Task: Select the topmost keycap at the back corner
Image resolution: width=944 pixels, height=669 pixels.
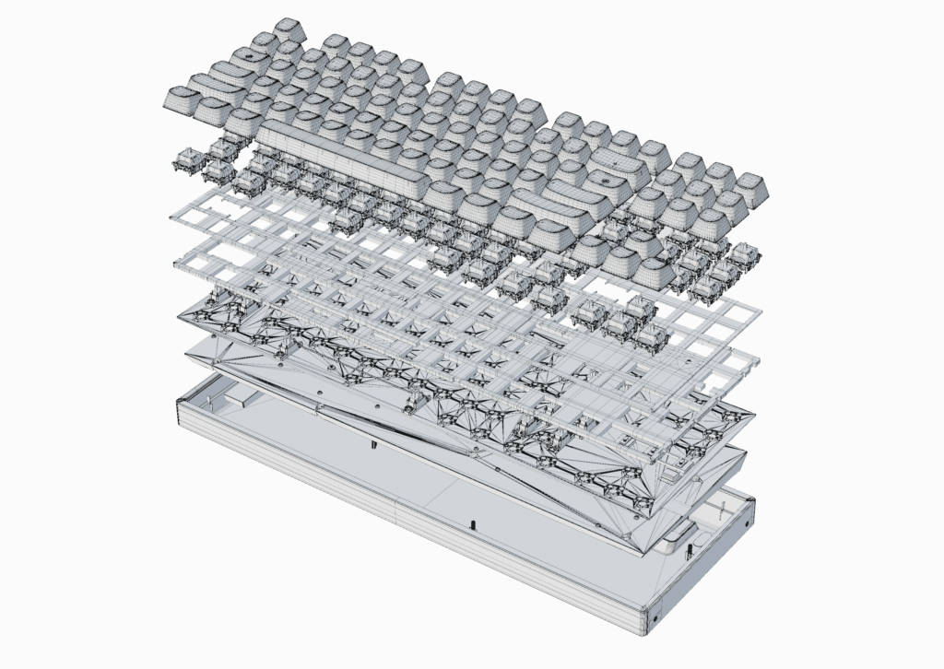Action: [x=289, y=29]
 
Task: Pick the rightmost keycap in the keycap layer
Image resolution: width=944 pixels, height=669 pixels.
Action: [x=750, y=189]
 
